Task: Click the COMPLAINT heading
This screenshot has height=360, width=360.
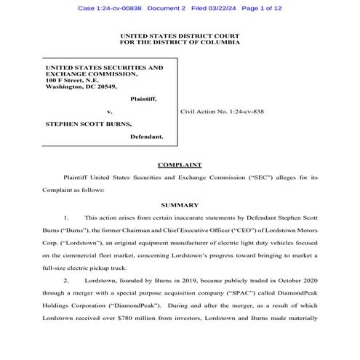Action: (x=179, y=165)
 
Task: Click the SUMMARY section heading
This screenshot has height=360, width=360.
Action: (x=179, y=205)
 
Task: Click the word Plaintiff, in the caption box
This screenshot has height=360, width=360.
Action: (x=143, y=98)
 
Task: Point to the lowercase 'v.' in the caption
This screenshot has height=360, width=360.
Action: (x=109, y=112)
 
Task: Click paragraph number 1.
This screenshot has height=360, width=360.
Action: (x=66, y=217)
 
